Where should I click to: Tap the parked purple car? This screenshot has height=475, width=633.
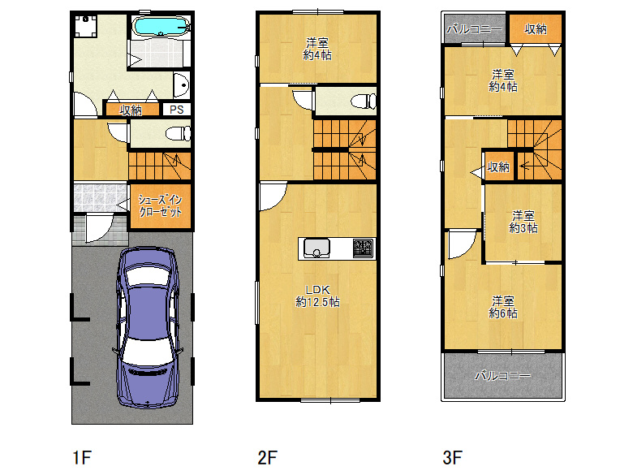coord(148,327)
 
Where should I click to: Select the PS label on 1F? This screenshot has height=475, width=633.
coord(176,110)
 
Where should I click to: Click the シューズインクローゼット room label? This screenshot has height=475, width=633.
coord(160,205)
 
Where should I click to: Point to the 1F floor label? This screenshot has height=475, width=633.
coord(82,458)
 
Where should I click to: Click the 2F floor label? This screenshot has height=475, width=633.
coord(268,458)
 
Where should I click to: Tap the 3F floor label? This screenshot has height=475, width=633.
coord(452,458)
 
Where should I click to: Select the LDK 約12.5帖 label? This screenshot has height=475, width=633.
coord(317,296)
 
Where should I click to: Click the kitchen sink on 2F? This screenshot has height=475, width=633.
coord(316,248)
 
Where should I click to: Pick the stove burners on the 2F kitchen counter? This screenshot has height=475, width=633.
coord(363,248)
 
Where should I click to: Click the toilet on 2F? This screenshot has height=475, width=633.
coord(364,101)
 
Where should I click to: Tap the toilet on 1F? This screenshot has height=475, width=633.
coord(179,133)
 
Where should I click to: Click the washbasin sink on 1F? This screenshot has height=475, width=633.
coord(182,85)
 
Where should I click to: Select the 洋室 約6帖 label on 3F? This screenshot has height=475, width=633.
coord(503,307)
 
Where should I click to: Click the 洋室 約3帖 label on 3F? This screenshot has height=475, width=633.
coord(523,222)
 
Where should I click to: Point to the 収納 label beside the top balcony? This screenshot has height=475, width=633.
coord(536,29)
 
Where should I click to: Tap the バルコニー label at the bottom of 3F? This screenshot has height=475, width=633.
coord(502,376)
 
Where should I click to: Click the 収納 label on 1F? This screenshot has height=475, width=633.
coord(131,110)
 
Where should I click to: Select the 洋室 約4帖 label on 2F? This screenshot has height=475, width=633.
coord(317,49)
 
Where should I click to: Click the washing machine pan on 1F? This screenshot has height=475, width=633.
coord(85,26)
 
